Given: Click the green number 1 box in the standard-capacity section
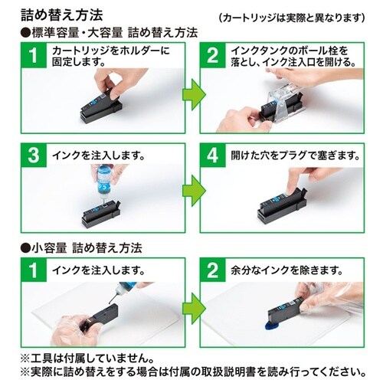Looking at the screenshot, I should (31, 56).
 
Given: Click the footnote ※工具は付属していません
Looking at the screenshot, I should (100, 357).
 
